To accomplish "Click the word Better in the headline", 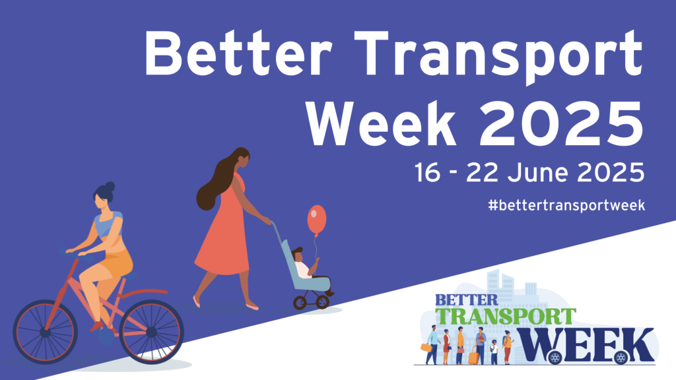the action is [x=238, y=53].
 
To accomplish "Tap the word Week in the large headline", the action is [x=381, y=124].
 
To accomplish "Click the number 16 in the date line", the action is [x=428, y=172].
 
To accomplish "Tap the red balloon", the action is [x=316, y=220].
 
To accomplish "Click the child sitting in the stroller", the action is [x=304, y=264].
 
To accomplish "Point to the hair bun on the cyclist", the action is [x=110, y=187].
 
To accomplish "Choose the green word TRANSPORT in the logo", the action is [x=505, y=317].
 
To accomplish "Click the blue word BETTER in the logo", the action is [x=467, y=300].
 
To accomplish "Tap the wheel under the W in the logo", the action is [x=555, y=357].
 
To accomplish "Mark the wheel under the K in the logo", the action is [x=621, y=357].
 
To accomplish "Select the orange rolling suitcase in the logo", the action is [x=473, y=356].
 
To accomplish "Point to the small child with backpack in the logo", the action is [x=494, y=352].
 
